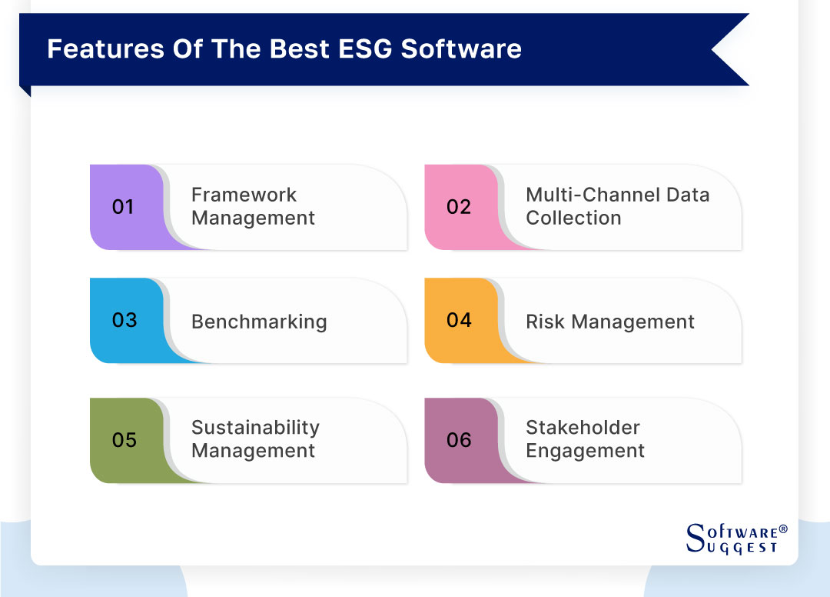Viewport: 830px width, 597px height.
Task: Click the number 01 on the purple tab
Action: click(123, 207)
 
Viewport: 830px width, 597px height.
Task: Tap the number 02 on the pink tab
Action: click(459, 207)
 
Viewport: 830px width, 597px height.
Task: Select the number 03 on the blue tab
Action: click(124, 320)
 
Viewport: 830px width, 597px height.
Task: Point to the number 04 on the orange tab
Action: click(459, 320)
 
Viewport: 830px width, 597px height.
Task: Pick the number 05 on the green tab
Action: click(124, 440)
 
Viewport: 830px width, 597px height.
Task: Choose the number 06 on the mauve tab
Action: click(459, 440)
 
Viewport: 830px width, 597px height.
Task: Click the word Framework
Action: click(244, 195)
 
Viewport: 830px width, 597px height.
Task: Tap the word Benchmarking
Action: click(259, 322)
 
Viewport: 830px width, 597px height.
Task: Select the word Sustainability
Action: click(255, 428)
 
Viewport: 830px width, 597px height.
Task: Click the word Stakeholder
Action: click(583, 428)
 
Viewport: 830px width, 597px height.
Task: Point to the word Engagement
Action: click(585, 451)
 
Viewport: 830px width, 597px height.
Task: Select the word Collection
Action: click(573, 218)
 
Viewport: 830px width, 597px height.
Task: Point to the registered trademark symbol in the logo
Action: click(783, 529)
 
